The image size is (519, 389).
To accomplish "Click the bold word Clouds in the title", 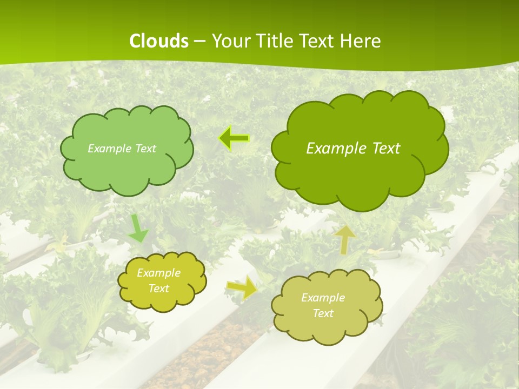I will click(159, 41).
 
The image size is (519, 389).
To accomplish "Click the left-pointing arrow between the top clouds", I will click(234, 139).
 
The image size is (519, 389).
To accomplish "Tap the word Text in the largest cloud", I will click(385, 149).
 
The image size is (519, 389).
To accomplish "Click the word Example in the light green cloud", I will click(109, 149).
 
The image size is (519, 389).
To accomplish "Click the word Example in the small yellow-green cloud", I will click(158, 273).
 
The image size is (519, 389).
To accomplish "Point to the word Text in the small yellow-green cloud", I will click(158, 289).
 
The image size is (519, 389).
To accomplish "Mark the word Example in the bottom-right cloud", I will click(323, 298).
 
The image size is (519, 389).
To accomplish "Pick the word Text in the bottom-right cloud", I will click(323, 313).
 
